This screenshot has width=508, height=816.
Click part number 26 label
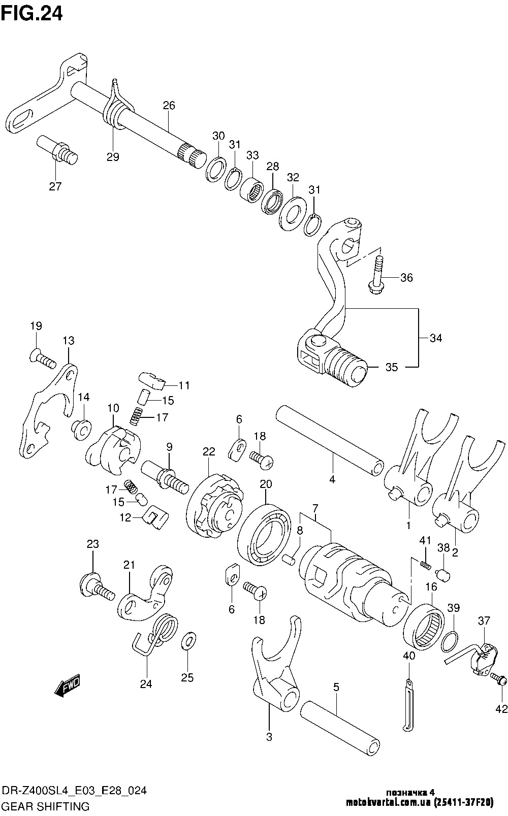(x=169, y=106)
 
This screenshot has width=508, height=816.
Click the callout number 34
(x=435, y=338)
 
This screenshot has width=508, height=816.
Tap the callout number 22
(x=209, y=451)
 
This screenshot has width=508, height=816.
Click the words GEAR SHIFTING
(x=46, y=806)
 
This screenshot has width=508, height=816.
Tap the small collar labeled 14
(x=81, y=429)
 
